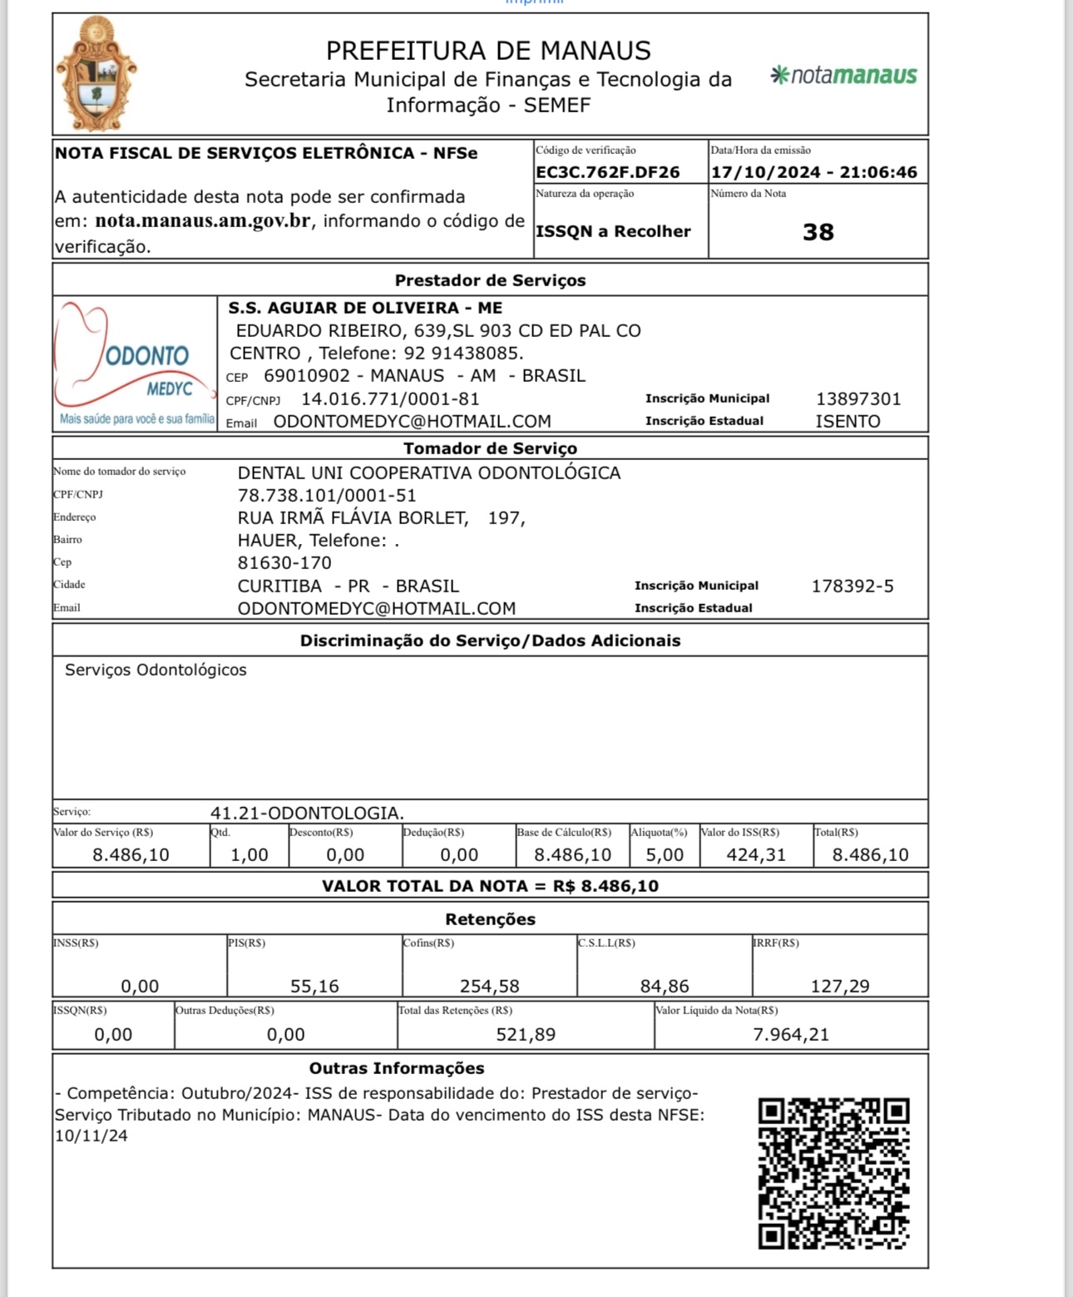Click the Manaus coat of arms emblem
coord(96,75)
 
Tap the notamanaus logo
coord(843,76)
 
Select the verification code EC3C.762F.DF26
coord(608,172)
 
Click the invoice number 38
coord(818,232)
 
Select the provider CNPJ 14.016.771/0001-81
coord(390,399)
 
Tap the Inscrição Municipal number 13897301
coord(858,399)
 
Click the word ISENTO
coord(848,421)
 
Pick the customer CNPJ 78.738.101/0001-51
coord(327,496)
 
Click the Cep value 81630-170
coord(284,563)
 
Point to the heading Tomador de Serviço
coord(490,448)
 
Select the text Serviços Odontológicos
coord(156,670)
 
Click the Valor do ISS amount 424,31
coord(756,854)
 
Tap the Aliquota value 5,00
coord(665,854)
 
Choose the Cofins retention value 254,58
coord(489,986)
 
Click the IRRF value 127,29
coord(840,986)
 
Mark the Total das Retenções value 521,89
coord(526,1034)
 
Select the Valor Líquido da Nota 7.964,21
coord(790,1034)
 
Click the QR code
coord(833,1173)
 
